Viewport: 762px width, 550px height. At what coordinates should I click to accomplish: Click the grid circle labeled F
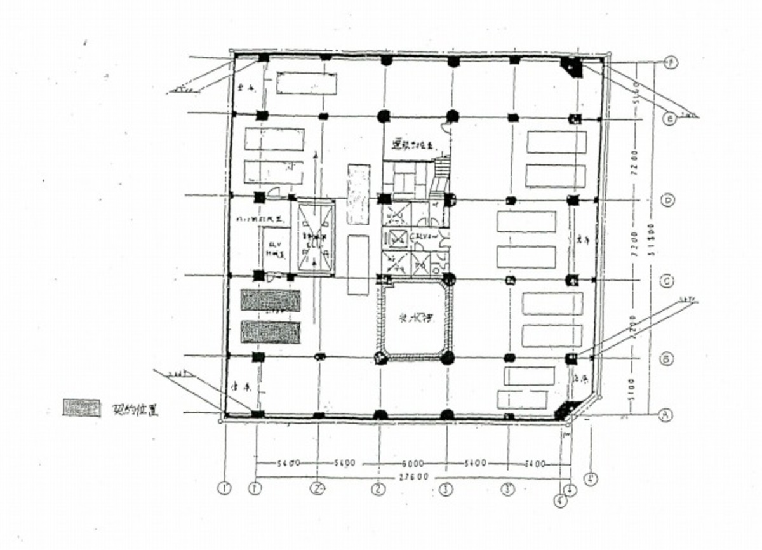pyautogui.click(x=669, y=62)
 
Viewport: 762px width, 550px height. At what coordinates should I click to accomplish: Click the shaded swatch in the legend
pyautogui.click(x=81, y=408)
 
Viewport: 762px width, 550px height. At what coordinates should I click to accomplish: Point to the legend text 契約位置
pyautogui.click(x=135, y=410)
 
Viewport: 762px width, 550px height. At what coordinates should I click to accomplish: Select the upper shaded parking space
pyautogui.click(x=270, y=300)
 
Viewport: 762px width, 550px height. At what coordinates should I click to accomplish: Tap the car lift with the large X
pyautogui.click(x=316, y=237)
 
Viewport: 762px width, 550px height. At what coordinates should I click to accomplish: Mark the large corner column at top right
pyautogui.click(x=571, y=67)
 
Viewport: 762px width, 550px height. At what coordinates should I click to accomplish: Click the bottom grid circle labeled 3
pyautogui.click(x=447, y=490)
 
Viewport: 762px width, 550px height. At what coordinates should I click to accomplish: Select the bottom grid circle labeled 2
pyautogui.click(x=378, y=490)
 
